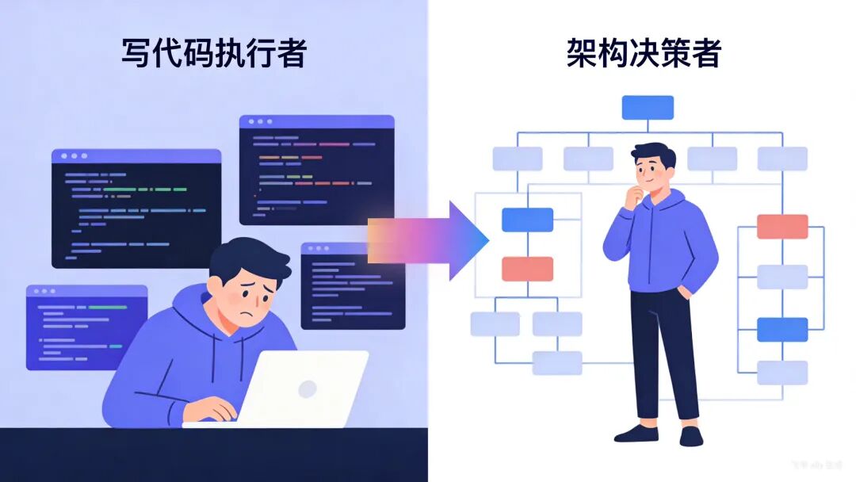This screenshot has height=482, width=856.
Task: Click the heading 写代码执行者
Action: pos(214,53)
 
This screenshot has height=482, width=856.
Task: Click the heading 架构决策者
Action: pos(644,53)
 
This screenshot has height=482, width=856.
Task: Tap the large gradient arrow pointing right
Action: pos(429,240)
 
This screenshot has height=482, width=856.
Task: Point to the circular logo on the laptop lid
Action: pos(307,388)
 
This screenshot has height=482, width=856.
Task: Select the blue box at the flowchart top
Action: pos(648,107)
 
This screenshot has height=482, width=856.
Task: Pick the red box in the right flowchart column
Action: pos(782,226)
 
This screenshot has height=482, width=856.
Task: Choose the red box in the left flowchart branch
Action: pos(527,269)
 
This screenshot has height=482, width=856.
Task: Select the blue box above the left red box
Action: pos(527,220)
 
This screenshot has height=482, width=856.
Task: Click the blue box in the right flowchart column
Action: pos(782,329)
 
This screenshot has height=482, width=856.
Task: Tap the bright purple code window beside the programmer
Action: pos(86,327)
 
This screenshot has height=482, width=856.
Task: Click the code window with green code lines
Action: pos(136,208)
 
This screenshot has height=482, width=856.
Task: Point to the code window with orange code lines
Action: pos(316,170)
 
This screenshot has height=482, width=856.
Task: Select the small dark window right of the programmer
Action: pos(353,285)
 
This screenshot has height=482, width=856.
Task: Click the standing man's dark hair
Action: pos(655,154)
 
